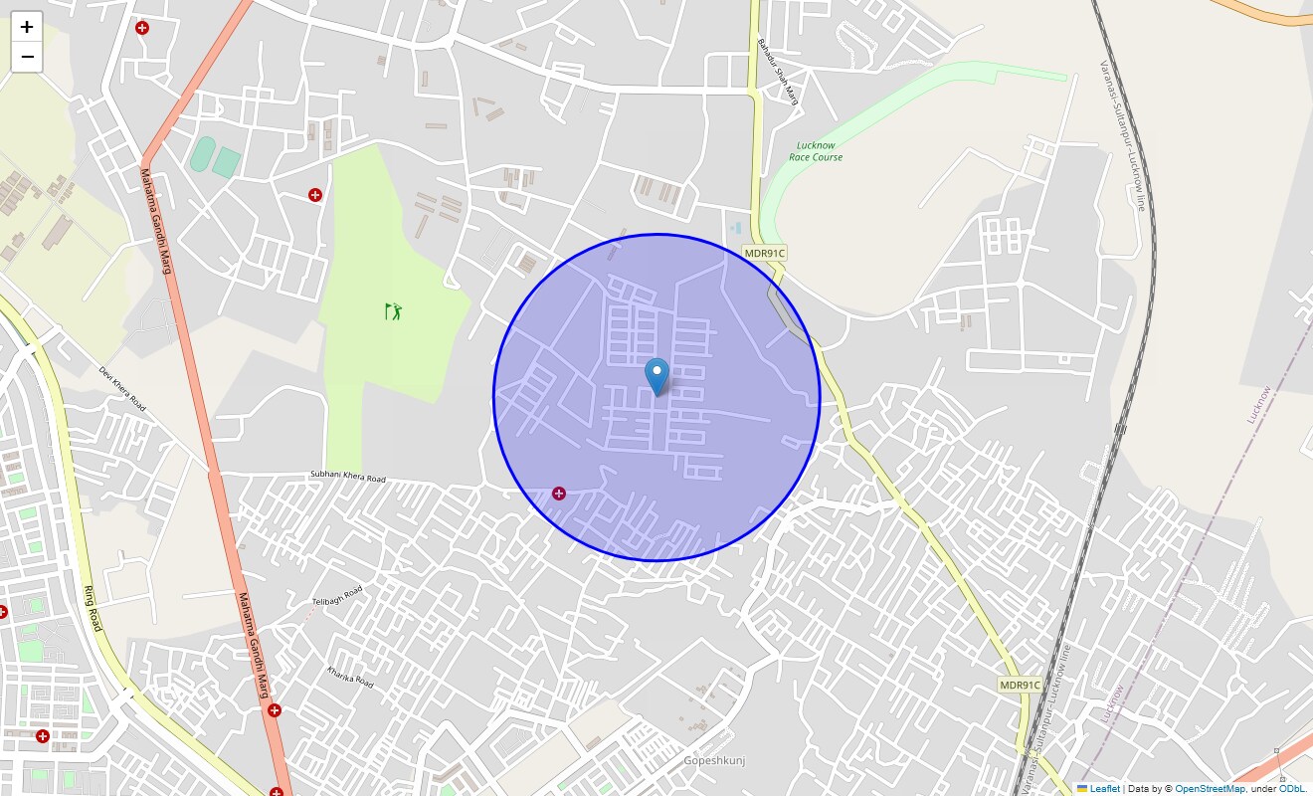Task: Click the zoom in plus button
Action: [x=27, y=27]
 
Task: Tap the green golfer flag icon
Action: [x=394, y=311]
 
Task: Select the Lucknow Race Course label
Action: [x=816, y=151]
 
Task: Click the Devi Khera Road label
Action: [x=122, y=388]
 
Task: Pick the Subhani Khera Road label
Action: [x=347, y=478]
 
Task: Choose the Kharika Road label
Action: [x=350, y=678]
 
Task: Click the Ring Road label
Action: [x=92, y=608]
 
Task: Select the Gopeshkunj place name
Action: [x=714, y=761]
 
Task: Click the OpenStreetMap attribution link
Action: [x=1210, y=788]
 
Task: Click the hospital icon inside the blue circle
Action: [x=559, y=494]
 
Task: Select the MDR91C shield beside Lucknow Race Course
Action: [x=765, y=253]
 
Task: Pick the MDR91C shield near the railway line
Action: [x=1020, y=685]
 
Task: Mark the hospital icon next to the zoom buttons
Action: [x=142, y=28]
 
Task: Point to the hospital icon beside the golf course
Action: [x=315, y=195]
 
